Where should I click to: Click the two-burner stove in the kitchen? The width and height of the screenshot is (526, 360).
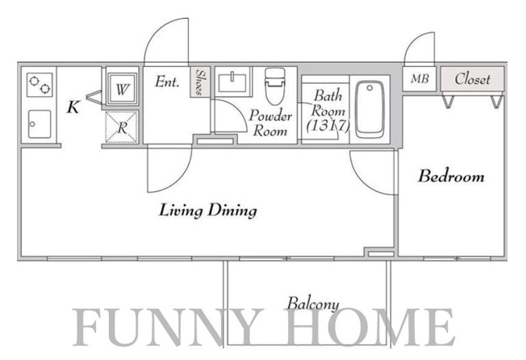(x=40, y=85)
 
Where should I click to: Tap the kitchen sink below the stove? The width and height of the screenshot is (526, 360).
(x=40, y=124)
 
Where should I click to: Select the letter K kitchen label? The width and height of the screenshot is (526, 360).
(x=73, y=107)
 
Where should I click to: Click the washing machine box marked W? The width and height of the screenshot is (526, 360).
(x=122, y=89)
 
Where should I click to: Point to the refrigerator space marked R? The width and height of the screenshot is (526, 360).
(x=122, y=128)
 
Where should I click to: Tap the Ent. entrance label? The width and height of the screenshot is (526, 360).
(x=167, y=82)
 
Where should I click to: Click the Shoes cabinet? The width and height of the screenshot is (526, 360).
(x=200, y=82)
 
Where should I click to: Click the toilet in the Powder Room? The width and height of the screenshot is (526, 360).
(x=275, y=86)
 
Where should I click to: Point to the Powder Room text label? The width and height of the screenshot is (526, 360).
(x=270, y=123)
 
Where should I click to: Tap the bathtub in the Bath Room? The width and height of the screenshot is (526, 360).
(x=369, y=110)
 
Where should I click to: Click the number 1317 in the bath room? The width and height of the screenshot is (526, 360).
(x=328, y=126)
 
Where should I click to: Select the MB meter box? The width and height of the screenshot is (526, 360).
(x=420, y=79)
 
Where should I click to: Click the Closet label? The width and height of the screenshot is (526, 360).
(x=472, y=79)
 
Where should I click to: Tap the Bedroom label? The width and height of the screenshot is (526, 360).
(x=451, y=176)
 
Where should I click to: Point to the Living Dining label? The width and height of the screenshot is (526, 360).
(x=208, y=211)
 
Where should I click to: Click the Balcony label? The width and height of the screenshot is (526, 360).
(x=313, y=303)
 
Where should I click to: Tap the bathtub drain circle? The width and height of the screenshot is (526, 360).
(x=369, y=88)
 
